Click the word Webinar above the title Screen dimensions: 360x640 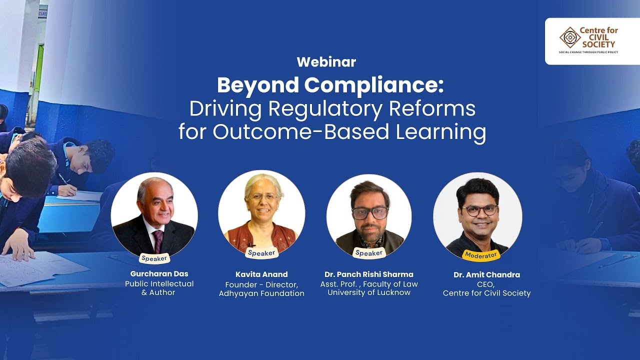pyautogui.click(x=326, y=62)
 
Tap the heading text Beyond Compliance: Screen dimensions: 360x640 pyautogui.click(x=330, y=85)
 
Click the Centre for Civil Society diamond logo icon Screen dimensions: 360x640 pyautogui.click(x=569, y=37)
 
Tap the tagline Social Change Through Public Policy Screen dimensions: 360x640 pyautogui.click(x=588, y=52)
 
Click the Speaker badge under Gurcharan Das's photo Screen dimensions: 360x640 pyautogui.click(x=154, y=258)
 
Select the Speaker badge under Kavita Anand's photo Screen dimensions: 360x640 pyautogui.click(x=261, y=253)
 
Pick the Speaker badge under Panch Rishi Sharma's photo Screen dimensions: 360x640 pyautogui.click(x=368, y=253)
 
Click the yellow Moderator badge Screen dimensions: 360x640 pyautogui.click(x=481, y=255)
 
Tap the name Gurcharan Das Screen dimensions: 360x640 pyautogui.click(x=159, y=274)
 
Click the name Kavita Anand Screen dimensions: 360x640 pyautogui.click(x=261, y=274)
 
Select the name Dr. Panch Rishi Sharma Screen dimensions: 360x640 pyautogui.click(x=369, y=274)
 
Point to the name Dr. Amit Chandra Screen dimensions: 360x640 pyautogui.click(x=486, y=275)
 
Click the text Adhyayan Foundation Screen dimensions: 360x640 pyautogui.click(x=261, y=293)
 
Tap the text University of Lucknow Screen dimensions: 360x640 pyautogui.click(x=369, y=292)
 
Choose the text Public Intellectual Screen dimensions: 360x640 pyautogui.click(x=159, y=283)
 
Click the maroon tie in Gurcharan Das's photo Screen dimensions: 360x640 pyautogui.click(x=158, y=240)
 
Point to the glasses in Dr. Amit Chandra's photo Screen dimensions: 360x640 pyautogui.click(x=479, y=210)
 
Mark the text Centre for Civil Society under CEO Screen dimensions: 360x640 pyautogui.click(x=486, y=293)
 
